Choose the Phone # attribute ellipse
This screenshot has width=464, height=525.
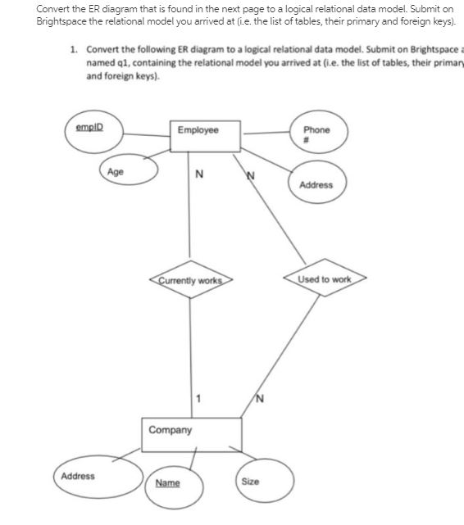pos(316,134)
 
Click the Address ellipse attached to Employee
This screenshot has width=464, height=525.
pos(316,184)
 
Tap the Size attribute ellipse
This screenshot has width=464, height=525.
pos(264,482)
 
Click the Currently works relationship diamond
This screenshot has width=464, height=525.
pos(190,280)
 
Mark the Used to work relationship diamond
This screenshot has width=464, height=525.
pos(324,280)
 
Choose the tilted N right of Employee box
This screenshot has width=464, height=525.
pos(251,176)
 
